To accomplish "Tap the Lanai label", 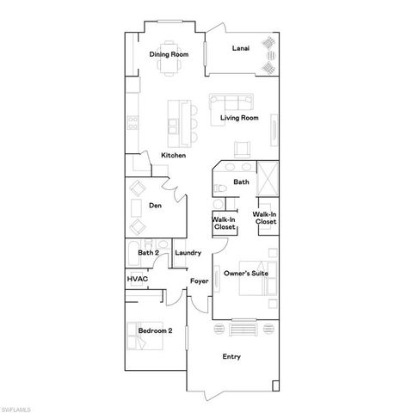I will pyautogui.click(x=241, y=49).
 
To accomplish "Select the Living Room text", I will pyautogui.click(x=238, y=118).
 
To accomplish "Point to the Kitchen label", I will pyautogui.click(x=174, y=156).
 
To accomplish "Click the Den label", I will pyautogui.click(x=155, y=206).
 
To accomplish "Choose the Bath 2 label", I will pyautogui.click(x=148, y=253).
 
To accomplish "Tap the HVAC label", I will pyautogui.click(x=137, y=280).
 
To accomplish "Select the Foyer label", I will pyautogui.click(x=200, y=280).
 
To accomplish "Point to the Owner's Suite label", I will pyautogui.click(x=246, y=274).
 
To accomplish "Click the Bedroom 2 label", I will pyautogui.click(x=156, y=330).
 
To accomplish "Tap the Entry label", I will pyautogui.click(x=231, y=357).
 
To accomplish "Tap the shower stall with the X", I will pyautogui.click(x=266, y=180).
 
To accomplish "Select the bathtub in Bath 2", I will pyautogui.click(x=133, y=252).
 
